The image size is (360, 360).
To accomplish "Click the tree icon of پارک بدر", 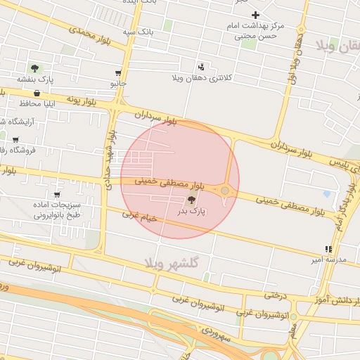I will click(192, 200).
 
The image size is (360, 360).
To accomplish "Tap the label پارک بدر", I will click(192, 210).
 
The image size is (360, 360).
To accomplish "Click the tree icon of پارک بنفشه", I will click(34, 68).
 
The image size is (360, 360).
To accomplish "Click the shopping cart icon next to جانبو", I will click(117, 73).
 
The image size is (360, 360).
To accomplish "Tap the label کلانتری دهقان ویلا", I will click(202, 77).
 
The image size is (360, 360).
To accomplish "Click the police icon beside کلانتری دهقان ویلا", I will click(202, 67).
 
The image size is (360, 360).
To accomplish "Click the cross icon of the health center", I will click(255, 15).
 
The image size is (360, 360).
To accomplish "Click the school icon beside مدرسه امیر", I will click(328, 249).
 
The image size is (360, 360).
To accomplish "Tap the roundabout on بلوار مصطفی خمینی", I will click(225, 190).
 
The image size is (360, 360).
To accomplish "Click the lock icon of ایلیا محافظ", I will click(37, 93).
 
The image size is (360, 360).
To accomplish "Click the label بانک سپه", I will click(138, 32).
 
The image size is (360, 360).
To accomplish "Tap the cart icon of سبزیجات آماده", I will click(57, 195).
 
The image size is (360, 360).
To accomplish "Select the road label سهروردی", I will click(217, 330).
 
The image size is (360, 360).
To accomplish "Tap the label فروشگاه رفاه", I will click(15, 150).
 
